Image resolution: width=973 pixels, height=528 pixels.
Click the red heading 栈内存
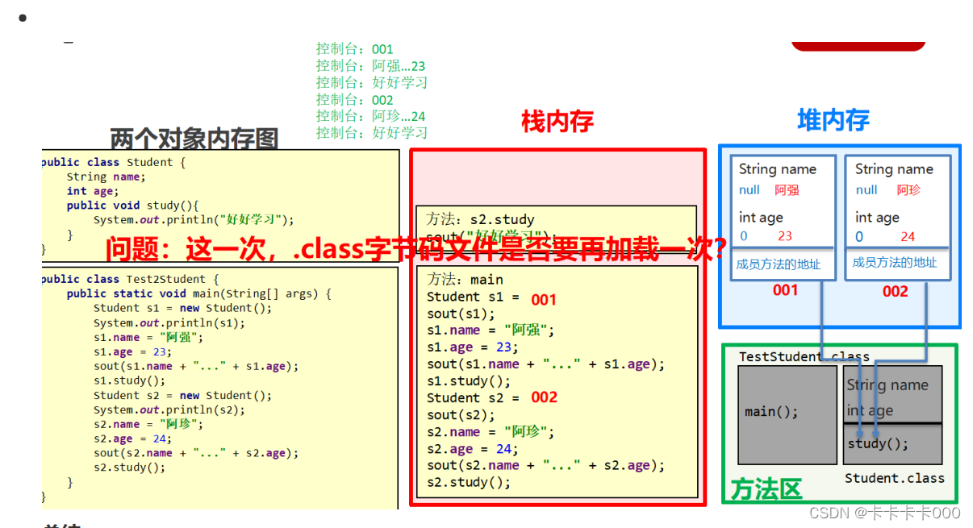pos(557,122)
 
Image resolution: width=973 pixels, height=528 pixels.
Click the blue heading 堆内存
pos(833,121)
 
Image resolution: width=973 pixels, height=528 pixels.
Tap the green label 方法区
pos(766,489)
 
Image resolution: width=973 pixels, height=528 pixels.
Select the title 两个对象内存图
pos(194,139)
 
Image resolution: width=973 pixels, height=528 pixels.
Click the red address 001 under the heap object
pos(785,290)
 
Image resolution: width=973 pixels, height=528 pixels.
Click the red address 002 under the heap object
pos(895,291)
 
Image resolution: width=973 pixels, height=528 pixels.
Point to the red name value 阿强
pos(787,190)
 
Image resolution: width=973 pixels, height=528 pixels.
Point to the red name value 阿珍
pos(908,190)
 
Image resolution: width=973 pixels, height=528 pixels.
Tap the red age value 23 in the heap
pos(785,236)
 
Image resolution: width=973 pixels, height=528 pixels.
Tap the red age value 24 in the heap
pos(908,236)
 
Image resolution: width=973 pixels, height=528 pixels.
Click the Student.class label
pos(894,478)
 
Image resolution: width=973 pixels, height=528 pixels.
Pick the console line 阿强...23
pos(370,66)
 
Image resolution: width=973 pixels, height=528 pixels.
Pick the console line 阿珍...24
pos(370,116)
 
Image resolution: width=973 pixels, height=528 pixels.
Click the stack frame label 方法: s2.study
pos(481,219)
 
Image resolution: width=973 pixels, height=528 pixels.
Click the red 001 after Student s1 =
pos(544,300)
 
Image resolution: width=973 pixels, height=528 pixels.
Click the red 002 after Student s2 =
pos(544,397)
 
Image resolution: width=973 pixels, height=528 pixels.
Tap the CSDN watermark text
pos(884,513)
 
